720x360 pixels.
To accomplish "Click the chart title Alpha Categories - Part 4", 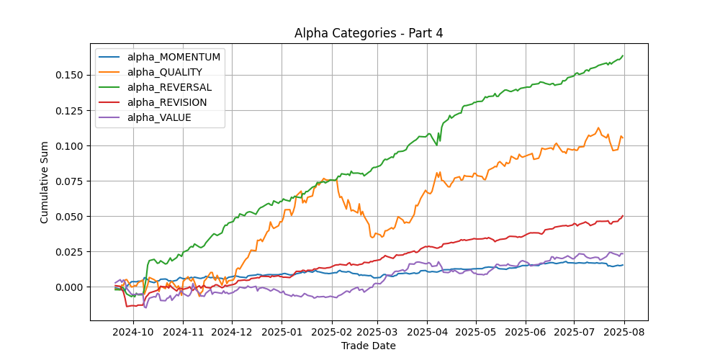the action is click(x=368, y=34).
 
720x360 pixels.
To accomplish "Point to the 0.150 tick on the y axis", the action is click(x=71, y=76).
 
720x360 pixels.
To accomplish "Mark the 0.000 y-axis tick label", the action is click(x=71, y=287).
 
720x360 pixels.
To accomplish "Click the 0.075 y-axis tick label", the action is click(x=71, y=181).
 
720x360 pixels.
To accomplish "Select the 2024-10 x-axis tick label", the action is click(x=134, y=332).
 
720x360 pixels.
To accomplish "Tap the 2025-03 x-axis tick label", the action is click(x=377, y=332).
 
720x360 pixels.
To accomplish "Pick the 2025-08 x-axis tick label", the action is click(x=624, y=332).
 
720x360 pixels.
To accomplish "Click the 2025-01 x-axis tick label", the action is click(x=282, y=332).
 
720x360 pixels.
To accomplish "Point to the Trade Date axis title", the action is click(x=368, y=346).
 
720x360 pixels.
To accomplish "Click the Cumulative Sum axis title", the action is click(x=44, y=182).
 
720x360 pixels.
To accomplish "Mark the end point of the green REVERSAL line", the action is click(x=623, y=55).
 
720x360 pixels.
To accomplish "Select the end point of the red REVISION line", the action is click(x=623, y=215).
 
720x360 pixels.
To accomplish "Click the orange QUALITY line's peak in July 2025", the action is click(x=598, y=127).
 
